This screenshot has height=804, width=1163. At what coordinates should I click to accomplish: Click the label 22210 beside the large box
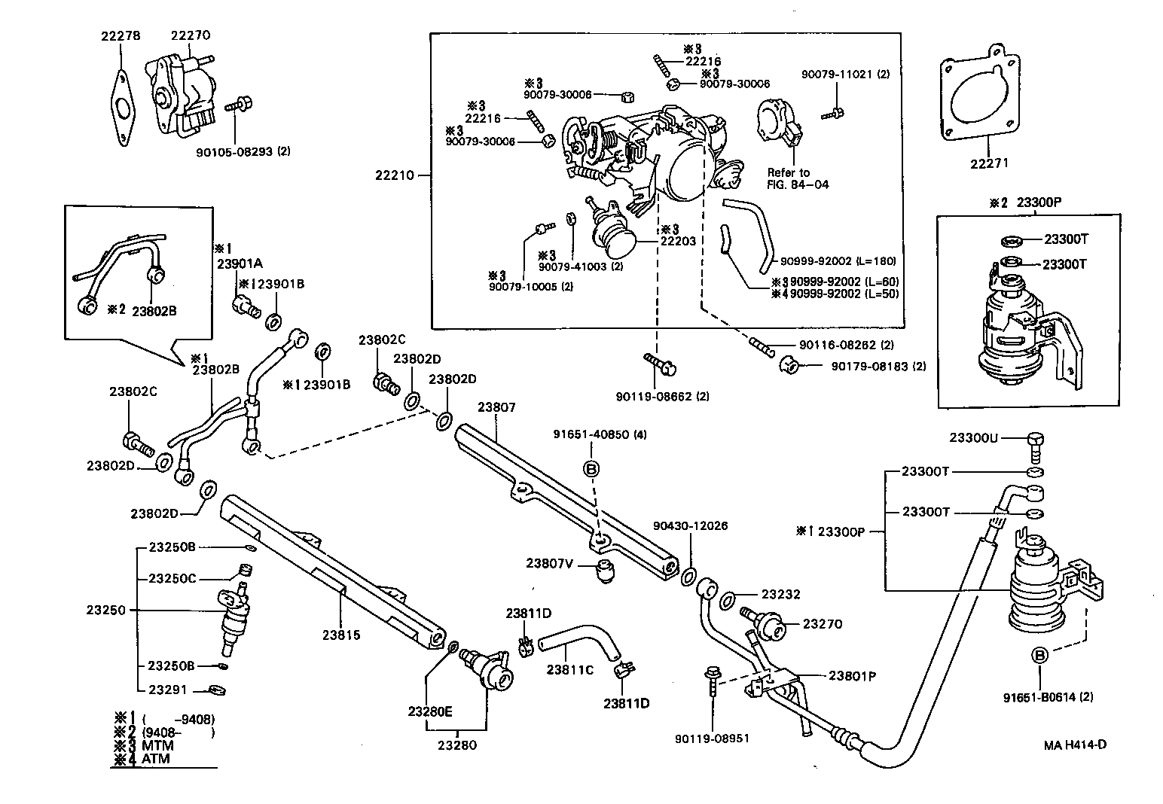click(x=395, y=175)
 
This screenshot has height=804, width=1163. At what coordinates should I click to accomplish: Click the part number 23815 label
click(x=341, y=635)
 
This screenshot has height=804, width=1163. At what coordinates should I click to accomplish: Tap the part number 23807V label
click(x=550, y=562)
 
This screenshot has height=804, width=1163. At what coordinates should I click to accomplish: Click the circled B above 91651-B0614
click(x=1039, y=656)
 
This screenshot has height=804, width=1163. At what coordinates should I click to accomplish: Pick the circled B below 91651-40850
click(x=591, y=469)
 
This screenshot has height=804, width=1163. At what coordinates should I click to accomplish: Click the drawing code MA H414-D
click(x=1075, y=745)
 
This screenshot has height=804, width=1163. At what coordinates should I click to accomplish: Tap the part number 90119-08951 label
click(x=712, y=739)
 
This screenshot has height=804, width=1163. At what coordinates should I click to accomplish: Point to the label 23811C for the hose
click(x=570, y=669)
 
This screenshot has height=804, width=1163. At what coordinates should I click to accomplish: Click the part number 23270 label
click(x=822, y=624)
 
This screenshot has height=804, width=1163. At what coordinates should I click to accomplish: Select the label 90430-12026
click(x=690, y=525)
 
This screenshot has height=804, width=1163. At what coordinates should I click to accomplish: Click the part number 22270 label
click(x=190, y=35)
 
